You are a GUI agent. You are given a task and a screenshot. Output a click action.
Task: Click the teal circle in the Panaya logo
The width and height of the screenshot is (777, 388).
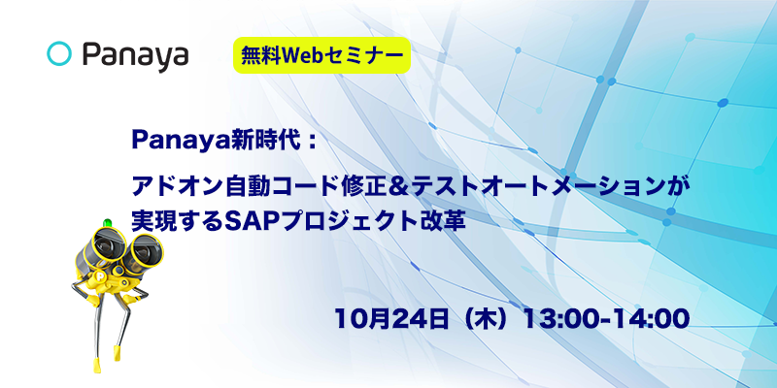click(59, 53)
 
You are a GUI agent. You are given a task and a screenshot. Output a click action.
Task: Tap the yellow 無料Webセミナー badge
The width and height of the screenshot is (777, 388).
click(322, 55)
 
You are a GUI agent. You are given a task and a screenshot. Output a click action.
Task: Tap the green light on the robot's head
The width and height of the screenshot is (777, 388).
click(107, 222)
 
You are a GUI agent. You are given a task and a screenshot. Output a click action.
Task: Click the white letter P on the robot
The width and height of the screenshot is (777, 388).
click(101, 275)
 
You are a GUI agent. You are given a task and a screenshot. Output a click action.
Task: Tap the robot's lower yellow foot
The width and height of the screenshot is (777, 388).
click(97, 365)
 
